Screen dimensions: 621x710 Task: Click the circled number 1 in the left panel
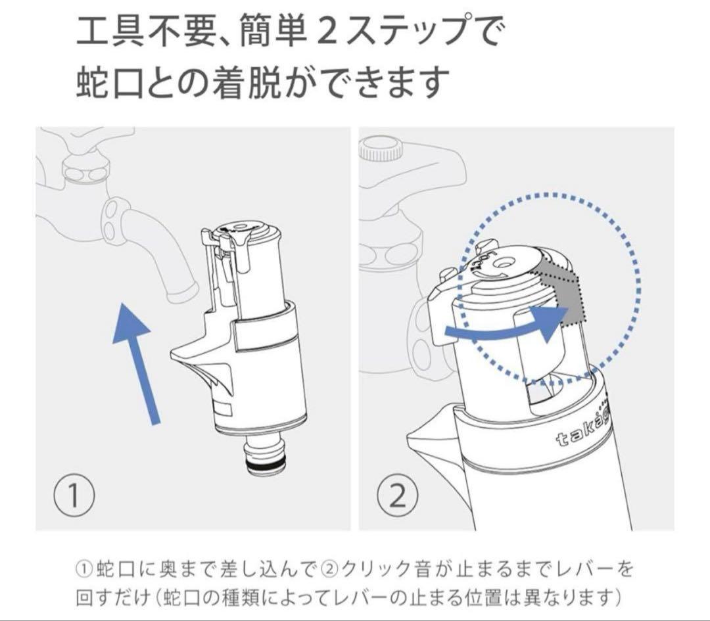coord(74,496)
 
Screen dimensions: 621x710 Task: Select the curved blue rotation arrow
coord(506,325)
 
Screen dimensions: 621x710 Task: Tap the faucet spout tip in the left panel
coord(182,292)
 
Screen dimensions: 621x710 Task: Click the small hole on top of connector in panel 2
coord(504,262)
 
